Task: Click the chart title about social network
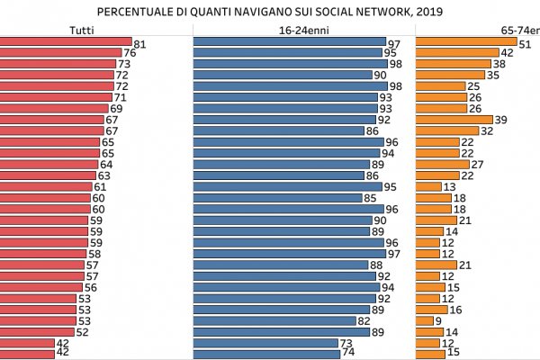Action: point(270,12)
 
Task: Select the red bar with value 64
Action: point(49,164)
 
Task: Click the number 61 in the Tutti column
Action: point(100,186)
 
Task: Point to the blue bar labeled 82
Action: point(274,320)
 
